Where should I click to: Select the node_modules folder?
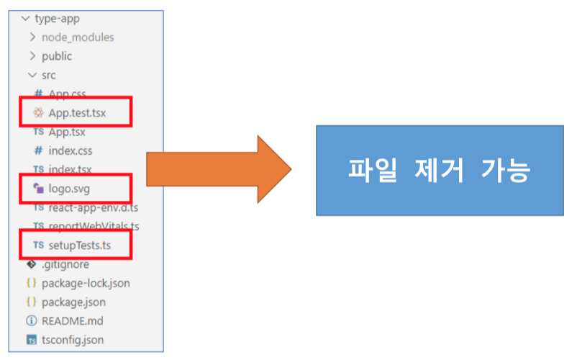pos(78,37)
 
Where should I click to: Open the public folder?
pos(57,56)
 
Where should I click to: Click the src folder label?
pos(49,75)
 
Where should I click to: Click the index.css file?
pos(71,150)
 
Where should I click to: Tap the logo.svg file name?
pos(69,189)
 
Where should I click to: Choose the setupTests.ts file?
pos(80,246)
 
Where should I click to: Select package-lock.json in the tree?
pos(86,283)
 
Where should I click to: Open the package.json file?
pos(73,302)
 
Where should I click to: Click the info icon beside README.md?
pos(32,321)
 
